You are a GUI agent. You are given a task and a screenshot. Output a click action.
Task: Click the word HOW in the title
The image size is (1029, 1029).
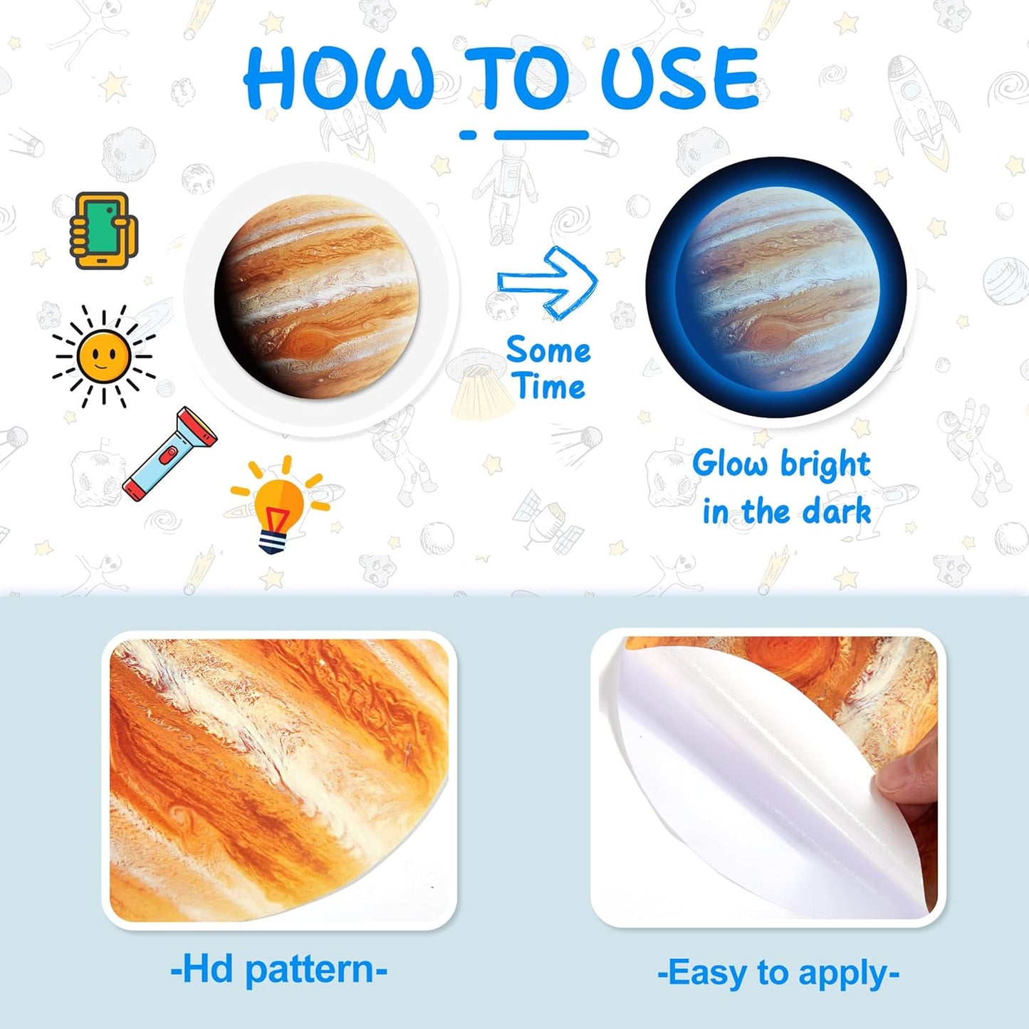click(339, 78)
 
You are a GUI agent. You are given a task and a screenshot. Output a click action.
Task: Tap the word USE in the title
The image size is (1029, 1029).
click(680, 78)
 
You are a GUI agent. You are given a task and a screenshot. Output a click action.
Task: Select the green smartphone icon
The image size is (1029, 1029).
click(103, 231)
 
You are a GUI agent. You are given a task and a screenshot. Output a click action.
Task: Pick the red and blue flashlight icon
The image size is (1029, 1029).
click(169, 453)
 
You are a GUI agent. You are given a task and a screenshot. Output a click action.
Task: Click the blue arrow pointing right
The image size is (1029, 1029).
click(548, 282)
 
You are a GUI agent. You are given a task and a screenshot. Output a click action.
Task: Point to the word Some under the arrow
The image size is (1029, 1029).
click(548, 350)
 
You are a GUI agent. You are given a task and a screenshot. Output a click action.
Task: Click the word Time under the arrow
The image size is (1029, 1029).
click(550, 387)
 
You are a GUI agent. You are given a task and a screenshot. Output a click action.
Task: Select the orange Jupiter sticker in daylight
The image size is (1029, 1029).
click(317, 297)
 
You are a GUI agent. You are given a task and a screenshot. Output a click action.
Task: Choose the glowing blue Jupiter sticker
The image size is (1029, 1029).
click(776, 288)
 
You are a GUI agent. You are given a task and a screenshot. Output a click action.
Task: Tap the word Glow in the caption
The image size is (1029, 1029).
click(729, 464)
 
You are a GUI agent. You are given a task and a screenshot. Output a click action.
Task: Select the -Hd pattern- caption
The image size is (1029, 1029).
click(278, 970)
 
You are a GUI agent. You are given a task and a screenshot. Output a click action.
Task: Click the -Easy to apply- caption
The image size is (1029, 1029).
click(778, 973)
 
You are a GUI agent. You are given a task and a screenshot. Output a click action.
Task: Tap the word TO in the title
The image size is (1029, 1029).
click(518, 78)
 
